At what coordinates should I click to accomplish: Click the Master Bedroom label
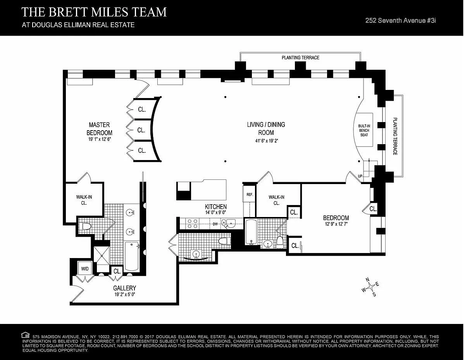[100, 129]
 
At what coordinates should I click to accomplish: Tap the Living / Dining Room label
[266, 129]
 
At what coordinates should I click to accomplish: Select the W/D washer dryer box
[85, 269]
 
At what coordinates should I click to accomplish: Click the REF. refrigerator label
[250, 195]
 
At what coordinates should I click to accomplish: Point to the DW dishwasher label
[215, 224]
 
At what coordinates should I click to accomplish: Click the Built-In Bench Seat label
[364, 131]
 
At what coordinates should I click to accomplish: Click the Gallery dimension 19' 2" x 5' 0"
[125, 295]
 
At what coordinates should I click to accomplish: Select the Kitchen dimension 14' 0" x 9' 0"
[216, 212]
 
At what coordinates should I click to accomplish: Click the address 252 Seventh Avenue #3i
[401, 21]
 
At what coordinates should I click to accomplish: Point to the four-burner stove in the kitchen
[192, 223]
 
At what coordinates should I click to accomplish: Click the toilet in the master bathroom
[86, 226]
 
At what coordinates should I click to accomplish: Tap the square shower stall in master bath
[102, 255]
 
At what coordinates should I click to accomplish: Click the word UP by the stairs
[360, 176]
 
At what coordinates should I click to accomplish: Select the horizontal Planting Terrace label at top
[300, 57]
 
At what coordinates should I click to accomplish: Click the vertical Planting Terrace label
[395, 136]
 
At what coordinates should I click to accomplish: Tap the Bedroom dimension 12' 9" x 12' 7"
[336, 224]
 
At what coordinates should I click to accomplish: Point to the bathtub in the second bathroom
[251, 231]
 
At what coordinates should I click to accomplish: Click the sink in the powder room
[196, 255]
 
